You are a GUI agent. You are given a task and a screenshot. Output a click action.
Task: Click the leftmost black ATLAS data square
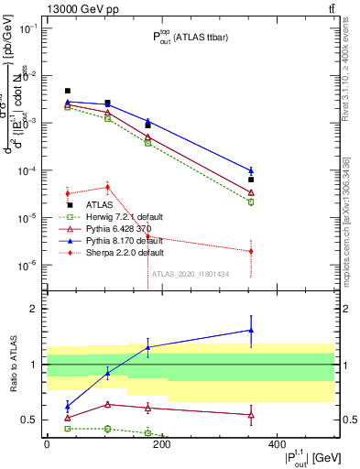(68, 91)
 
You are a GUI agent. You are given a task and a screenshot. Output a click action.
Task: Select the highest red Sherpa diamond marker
(108, 187)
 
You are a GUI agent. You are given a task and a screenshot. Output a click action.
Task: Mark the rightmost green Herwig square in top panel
(251, 202)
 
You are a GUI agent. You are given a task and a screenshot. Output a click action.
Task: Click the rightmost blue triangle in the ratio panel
(251, 330)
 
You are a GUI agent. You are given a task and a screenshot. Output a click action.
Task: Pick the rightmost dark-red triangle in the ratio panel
(251, 415)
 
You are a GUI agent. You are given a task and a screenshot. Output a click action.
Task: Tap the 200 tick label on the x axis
(161, 443)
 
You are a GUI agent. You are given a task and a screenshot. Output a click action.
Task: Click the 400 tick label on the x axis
(277, 443)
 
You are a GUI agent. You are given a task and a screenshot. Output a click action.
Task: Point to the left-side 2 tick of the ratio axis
(36, 309)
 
